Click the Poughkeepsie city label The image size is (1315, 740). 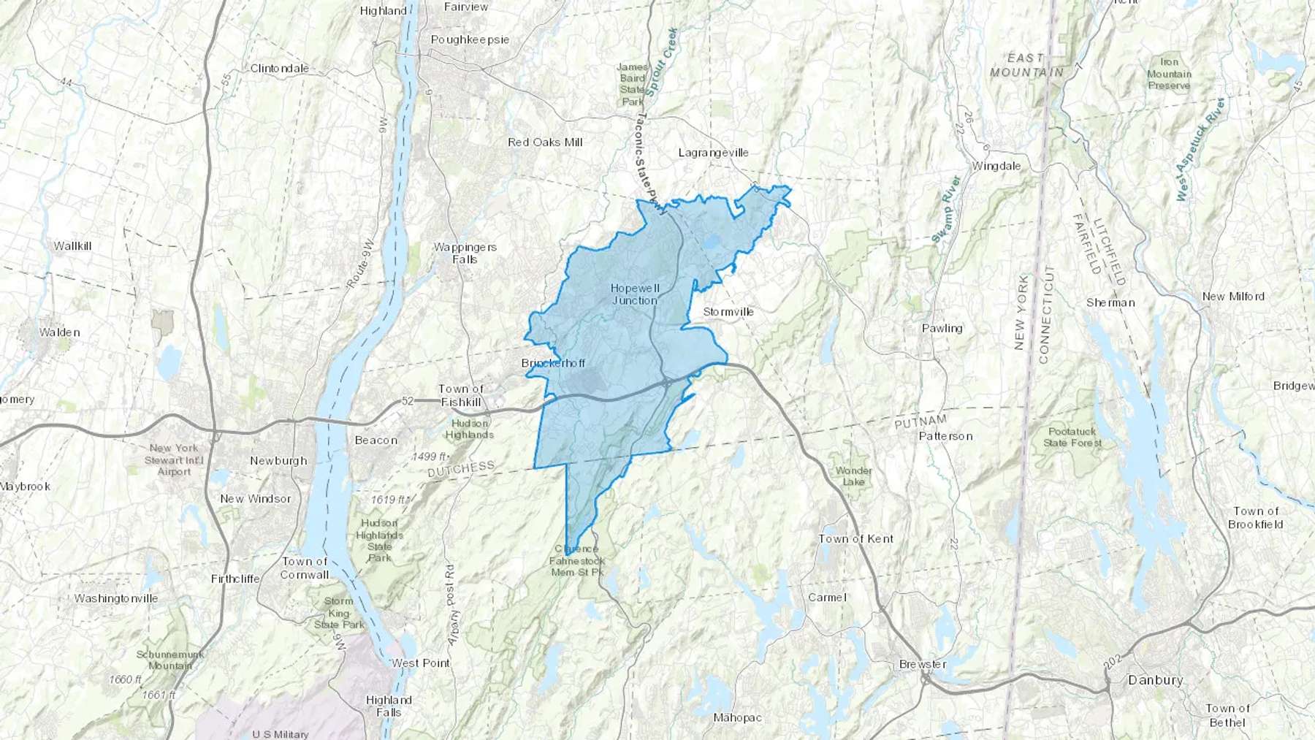[470, 39]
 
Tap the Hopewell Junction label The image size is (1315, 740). [635, 294]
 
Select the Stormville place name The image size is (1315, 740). [728, 312]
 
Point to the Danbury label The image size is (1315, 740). [1155, 680]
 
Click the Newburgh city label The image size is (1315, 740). [278, 461]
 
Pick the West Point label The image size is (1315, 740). [421, 663]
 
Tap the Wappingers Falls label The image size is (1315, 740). [465, 253]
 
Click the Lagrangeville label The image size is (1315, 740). [714, 153]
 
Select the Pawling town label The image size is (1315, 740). [942, 329]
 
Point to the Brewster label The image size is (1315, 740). [923, 665]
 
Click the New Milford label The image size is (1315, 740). [1233, 297]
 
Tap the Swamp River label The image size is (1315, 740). [945, 210]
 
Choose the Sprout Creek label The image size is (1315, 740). [662, 63]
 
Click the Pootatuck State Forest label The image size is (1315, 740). [1072, 438]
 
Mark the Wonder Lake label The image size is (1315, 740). [853, 476]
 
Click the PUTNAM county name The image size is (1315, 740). [920, 422]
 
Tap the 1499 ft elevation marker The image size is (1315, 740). [429, 457]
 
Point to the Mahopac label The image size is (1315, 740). [737, 718]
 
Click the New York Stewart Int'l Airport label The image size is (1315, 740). [174, 460]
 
